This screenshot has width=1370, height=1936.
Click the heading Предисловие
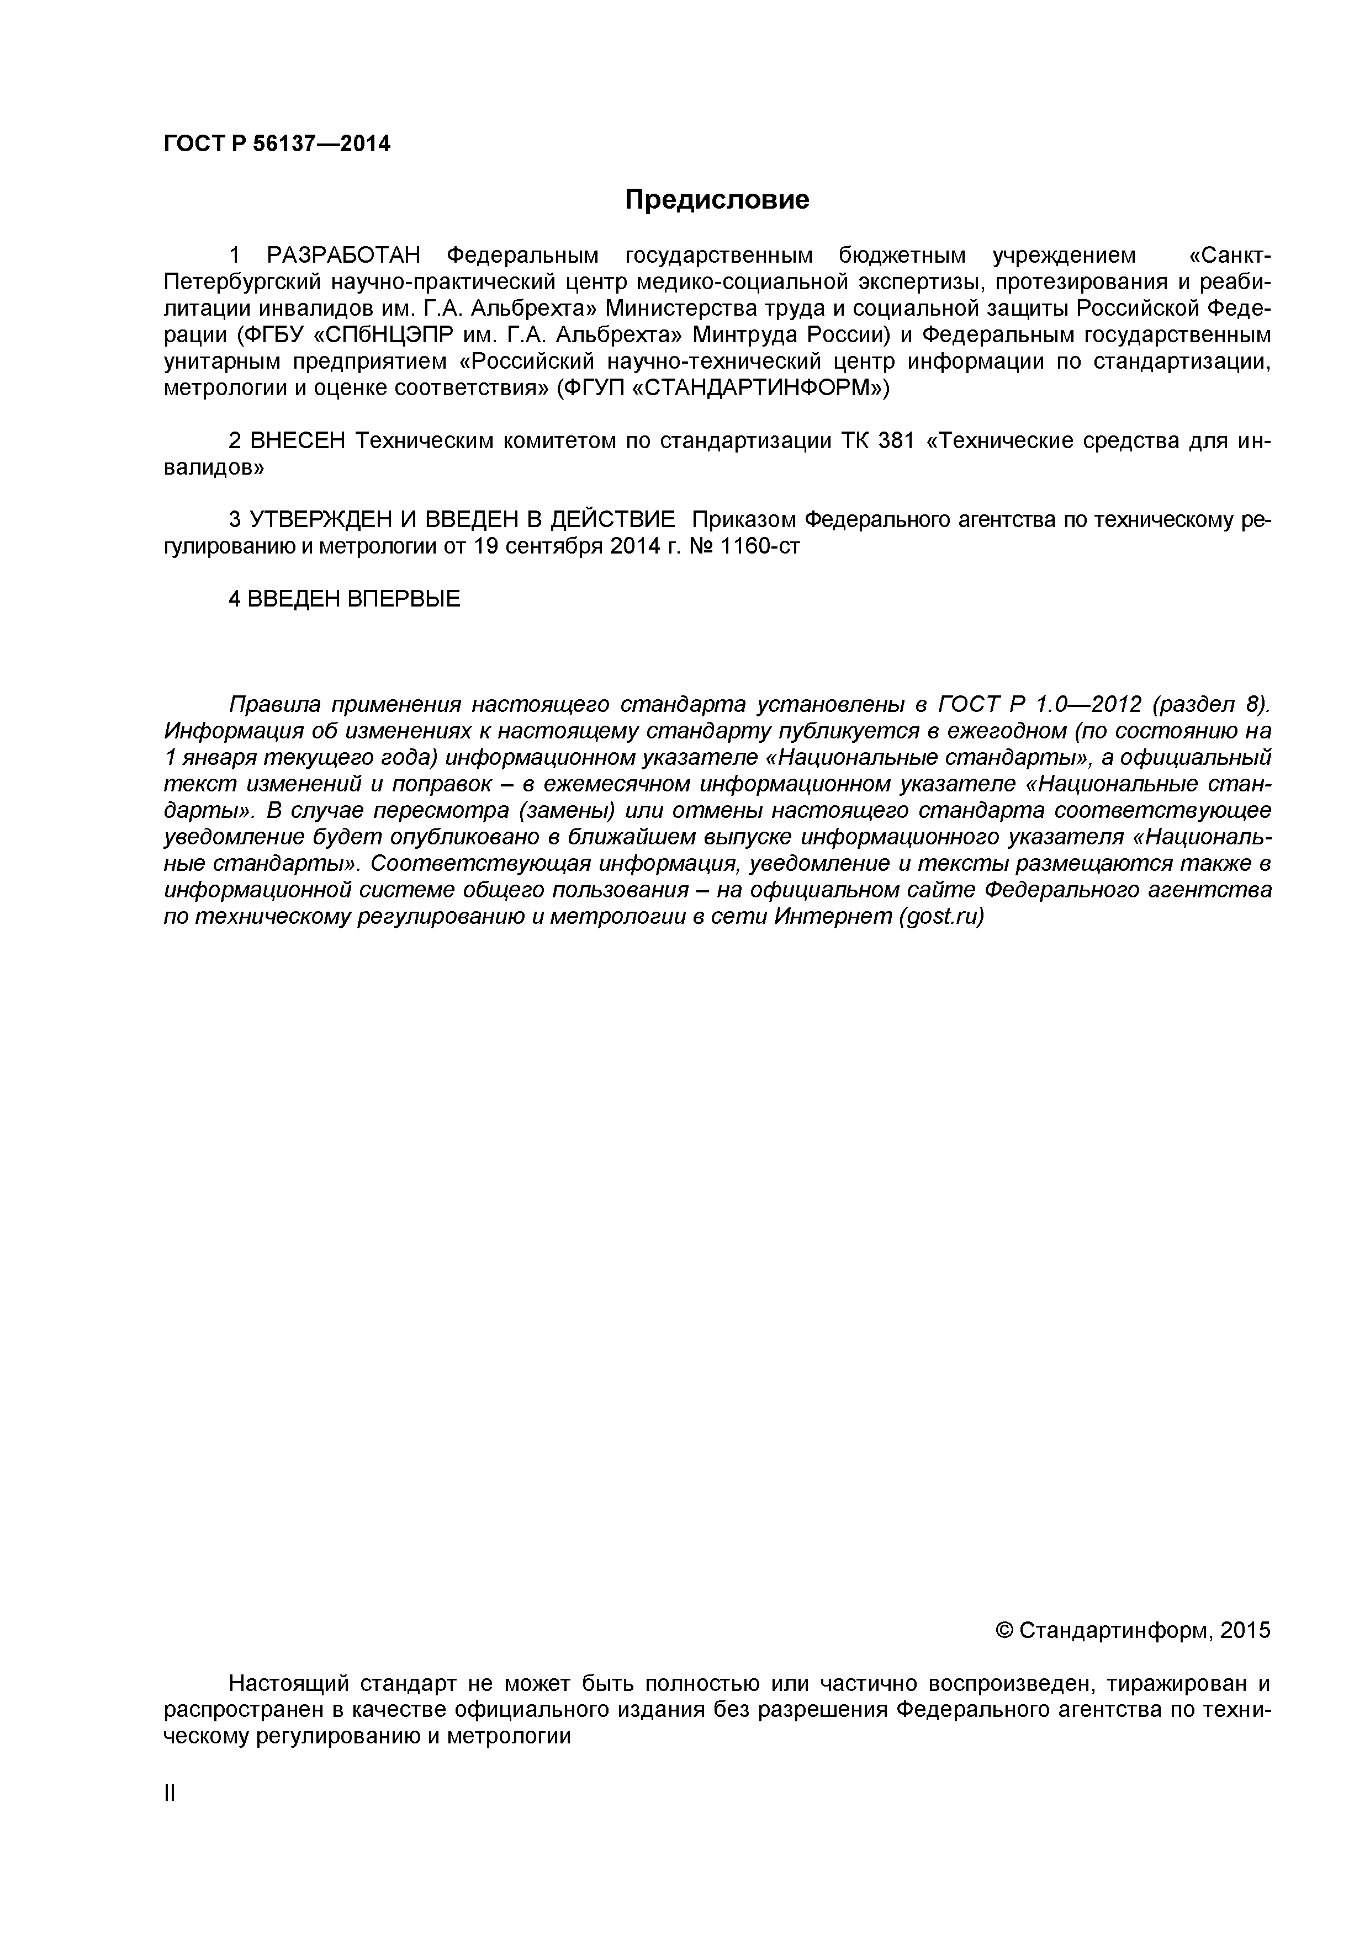(716, 200)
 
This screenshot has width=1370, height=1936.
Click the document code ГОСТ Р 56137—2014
(277, 144)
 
